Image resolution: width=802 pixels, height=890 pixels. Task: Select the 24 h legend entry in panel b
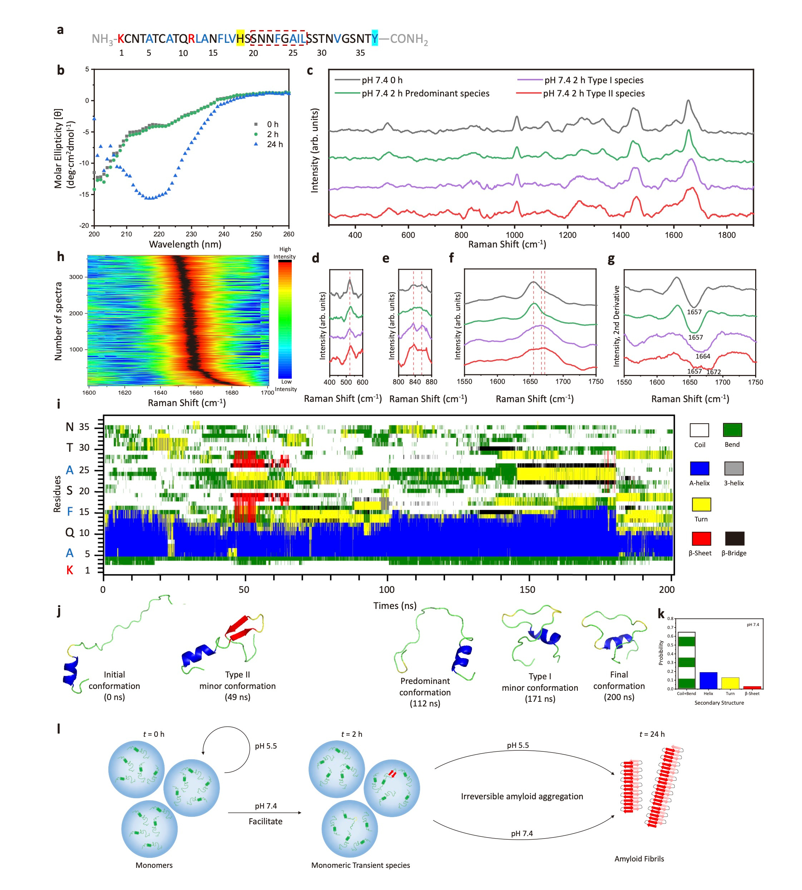275,144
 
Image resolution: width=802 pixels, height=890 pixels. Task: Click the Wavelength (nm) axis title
185,244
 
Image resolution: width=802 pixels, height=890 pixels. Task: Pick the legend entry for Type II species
594,93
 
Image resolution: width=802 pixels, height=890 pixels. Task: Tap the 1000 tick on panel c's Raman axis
514,235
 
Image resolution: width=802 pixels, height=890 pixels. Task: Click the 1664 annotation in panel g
703,356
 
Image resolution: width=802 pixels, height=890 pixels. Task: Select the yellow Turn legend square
701,504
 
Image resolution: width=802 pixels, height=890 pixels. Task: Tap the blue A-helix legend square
700,468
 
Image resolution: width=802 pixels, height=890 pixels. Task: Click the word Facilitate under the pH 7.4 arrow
265,821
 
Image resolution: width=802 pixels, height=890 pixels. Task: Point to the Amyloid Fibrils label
639,859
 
